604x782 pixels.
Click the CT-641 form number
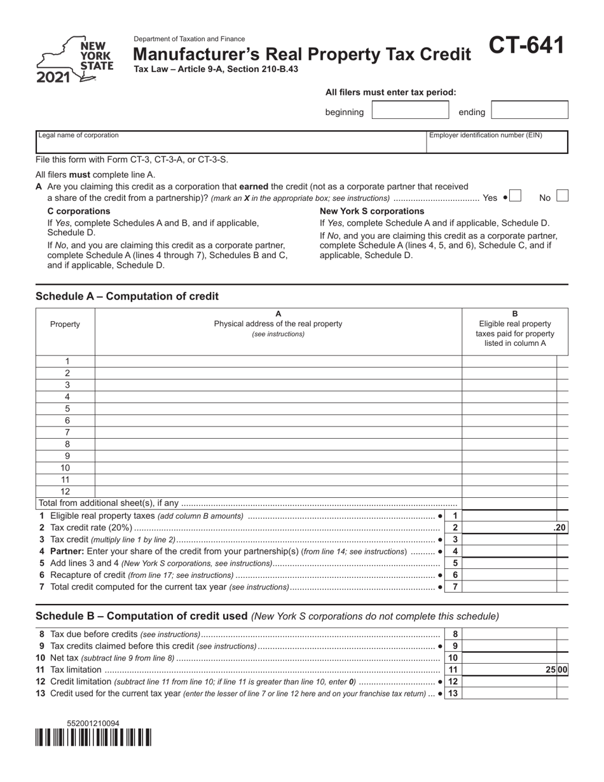[526, 46]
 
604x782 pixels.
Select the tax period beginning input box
[410, 111]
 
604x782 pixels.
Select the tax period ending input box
[530, 111]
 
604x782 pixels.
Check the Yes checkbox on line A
[516, 196]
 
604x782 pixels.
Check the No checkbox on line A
[562, 196]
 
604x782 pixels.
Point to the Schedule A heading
[127, 296]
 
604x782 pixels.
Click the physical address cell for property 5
[278, 409]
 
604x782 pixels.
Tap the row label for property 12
[65, 491]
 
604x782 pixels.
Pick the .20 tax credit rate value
[559, 528]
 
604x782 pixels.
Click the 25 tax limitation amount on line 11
[551, 669]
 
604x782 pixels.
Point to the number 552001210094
[93, 724]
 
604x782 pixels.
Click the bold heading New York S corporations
[372, 211]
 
